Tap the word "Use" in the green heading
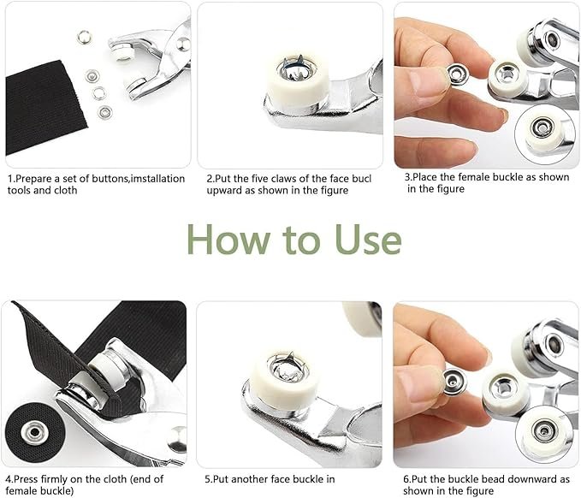pyautogui.click(x=368, y=240)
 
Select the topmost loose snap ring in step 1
pyautogui.click(x=84, y=38)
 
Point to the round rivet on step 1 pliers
pyautogui.click(x=183, y=44)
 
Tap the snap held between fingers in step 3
pyautogui.click(x=459, y=74)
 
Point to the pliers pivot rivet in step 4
pyautogui.click(x=177, y=440)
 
